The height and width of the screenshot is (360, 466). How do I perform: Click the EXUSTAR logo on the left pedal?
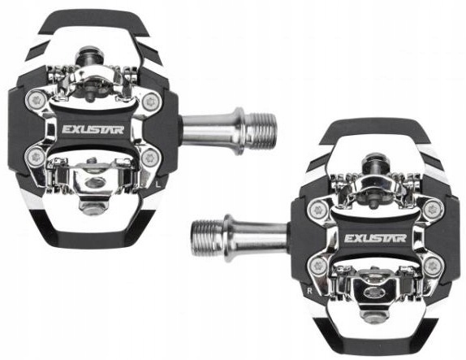click(x=93, y=130)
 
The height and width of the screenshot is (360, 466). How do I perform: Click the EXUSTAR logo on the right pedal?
click(x=375, y=238)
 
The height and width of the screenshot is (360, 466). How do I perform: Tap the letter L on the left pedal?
click(x=158, y=184)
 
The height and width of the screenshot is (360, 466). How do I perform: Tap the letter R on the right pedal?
click(x=310, y=291)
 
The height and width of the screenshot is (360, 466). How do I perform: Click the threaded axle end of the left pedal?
click(x=261, y=131)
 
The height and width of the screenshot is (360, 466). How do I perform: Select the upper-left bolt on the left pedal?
click(x=36, y=100)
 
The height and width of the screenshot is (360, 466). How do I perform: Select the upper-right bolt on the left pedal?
click(x=151, y=102)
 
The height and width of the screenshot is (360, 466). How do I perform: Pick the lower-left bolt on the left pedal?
click(x=35, y=157)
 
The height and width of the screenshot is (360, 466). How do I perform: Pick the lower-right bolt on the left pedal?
click(x=150, y=158)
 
